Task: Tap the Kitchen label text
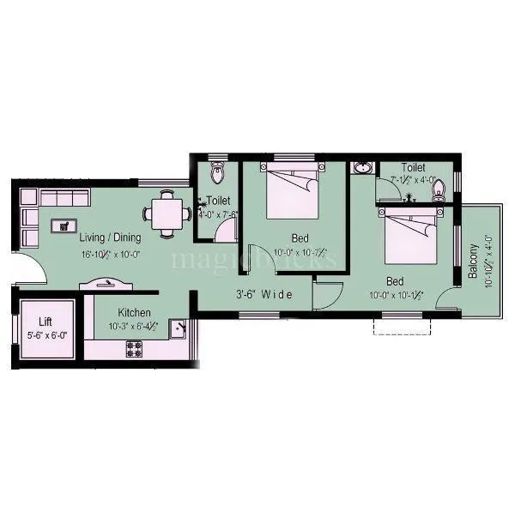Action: tap(135, 313)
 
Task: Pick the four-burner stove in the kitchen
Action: tap(135, 348)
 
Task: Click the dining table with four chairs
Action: tap(167, 214)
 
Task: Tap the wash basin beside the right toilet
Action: tap(362, 169)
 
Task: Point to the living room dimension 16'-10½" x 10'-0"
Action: tap(111, 254)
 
